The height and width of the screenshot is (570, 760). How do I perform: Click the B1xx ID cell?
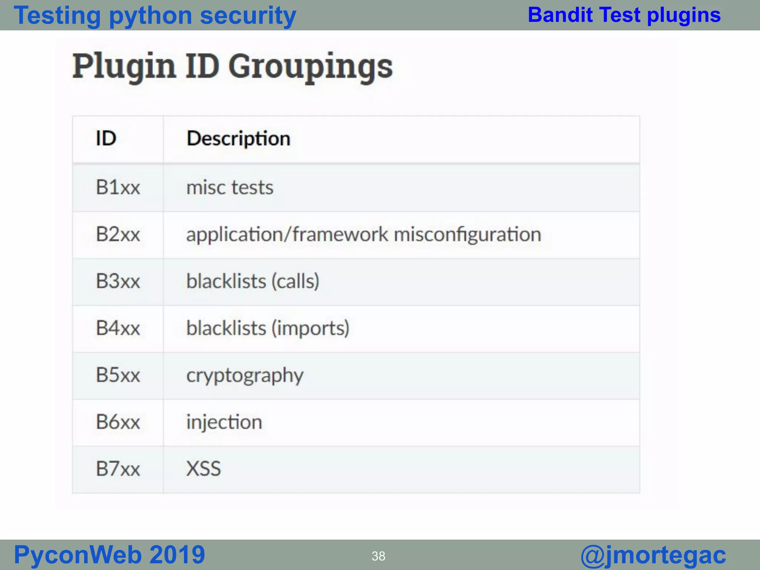pyautogui.click(x=118, y=187)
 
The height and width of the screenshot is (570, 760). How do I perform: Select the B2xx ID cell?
pyautogui.click(x=118, y=235)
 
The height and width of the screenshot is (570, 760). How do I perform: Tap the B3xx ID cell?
pyautogui.click(x=118, y=281)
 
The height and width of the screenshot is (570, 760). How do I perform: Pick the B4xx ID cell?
pyautogui.click(x=118, y=328)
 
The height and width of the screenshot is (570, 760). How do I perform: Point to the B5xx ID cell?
pyautogui.click(x=118, y=375)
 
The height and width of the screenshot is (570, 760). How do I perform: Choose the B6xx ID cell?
pyautogui.click(x=118, y=422)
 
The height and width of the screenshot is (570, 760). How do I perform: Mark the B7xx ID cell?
pyautogui.click(x=118, y=469)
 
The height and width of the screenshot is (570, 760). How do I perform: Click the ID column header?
pyautogui.click(x=106, y=138)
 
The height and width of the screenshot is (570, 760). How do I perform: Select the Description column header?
pyautogui.click(x=238, y=139)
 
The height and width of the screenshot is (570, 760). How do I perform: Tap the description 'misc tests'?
pyautogui.click(x=230, y=187)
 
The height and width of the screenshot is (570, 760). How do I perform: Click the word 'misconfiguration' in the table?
pyautogui.click(x=467, y=235)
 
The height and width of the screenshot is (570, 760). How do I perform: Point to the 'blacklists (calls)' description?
pyautogui.click(x=252, y=281)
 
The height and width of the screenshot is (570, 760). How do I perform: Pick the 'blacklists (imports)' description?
pyautogui.click(x=268, y=328)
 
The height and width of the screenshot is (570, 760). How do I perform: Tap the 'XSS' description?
pyautogui.click(x=203, y=469)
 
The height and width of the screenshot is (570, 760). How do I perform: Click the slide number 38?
pyautogui.click(x=378, y=556)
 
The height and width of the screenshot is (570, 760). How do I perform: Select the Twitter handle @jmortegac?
pyautogui.click(x=653, y=555)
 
